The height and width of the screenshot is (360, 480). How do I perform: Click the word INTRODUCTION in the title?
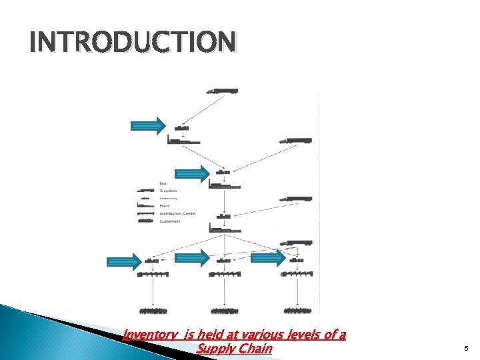pos(132,43)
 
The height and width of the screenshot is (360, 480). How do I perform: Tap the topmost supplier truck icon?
pos(221,91)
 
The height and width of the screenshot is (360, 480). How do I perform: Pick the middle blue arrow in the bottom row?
pos(193,259)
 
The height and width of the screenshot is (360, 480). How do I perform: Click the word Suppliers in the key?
pos(169,191)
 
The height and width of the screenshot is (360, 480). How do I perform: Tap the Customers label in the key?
pos(171,221)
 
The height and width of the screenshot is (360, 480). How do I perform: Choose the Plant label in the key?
pos(165,206)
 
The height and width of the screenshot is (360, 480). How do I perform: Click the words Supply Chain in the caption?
pos(235,348)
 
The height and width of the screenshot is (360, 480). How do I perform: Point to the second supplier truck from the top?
pos(295,141)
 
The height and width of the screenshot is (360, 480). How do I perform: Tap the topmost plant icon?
pos(183,140)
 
